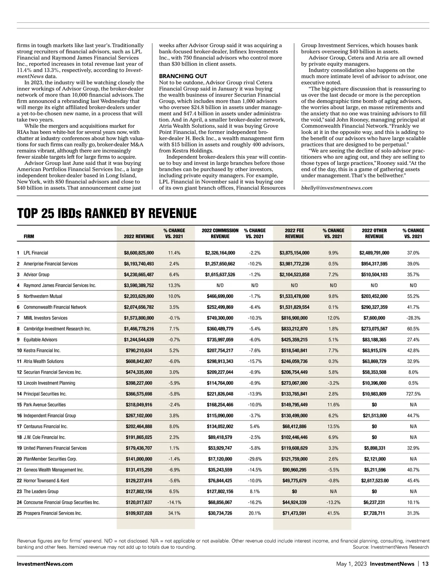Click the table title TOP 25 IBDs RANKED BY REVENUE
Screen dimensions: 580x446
tap(107, 213)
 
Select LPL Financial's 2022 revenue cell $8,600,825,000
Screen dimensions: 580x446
tap(139, 253)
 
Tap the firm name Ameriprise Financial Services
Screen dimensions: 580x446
tap(51, 264)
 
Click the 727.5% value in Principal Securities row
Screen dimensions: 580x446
tap(413, 394)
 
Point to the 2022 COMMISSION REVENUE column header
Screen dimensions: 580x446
tap(220, 233)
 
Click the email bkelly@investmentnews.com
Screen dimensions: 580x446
tap(336, 188)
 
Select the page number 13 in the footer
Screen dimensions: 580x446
tap(425, 564)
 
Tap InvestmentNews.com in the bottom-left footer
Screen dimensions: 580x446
tap(45, 564)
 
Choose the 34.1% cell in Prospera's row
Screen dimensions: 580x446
tap(174, 513)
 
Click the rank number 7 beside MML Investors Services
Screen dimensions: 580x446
tap(18, 318)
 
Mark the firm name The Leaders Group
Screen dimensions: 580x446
tap(41, 492)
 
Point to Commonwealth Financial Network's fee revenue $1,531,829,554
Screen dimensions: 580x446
tap(294, 307)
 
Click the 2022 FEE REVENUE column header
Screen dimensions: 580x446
tap(294, 233)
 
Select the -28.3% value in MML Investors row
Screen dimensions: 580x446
tap(413, 318)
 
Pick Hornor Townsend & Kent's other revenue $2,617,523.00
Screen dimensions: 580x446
tap(374, 481)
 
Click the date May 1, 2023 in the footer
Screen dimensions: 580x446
tap(351, 564)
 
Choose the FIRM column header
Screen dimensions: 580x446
tap(29, 236)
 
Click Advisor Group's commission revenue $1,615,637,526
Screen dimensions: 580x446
tap(220, 274)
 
